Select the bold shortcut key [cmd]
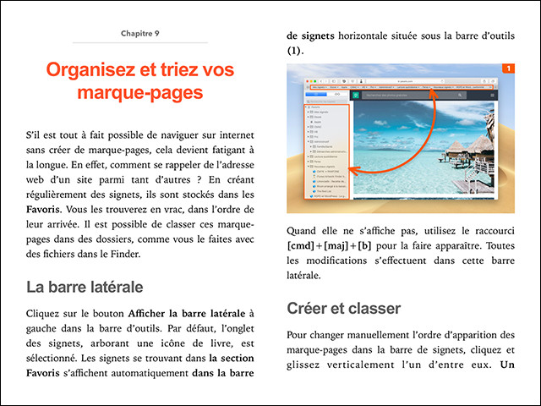305,245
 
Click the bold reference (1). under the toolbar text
294,51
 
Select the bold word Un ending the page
507,365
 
